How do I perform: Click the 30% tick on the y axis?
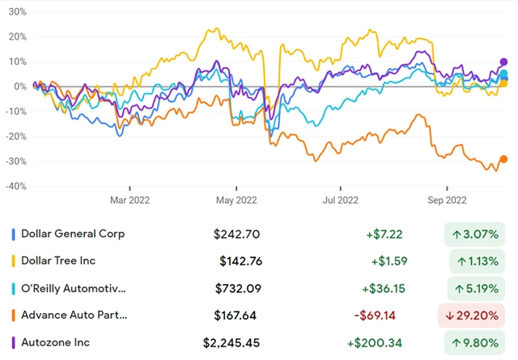pyautogui.click(x=16, y=12)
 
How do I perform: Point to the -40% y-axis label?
pyautogui.click(x=14, y=187)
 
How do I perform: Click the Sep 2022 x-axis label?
pyautogui.click(x=447, y=197)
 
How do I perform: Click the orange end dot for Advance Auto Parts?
pyautogui.click(x=503, y=159)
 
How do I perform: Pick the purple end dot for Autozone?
pyautogui.click(x=503, y=62)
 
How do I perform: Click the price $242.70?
pyautogui.click(x=237, y=234)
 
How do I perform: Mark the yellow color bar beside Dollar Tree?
pyautogui.click(x=13, y=261)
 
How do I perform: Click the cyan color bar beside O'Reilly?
pyautogui.click(x=13, y=289)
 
